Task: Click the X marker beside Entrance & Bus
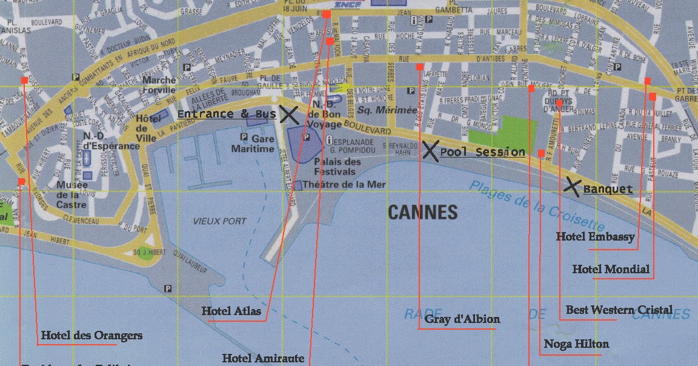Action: [289, 115]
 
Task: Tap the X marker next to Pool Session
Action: [430, 150]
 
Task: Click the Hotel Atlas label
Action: [231, 311]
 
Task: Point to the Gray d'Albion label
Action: [462, 319]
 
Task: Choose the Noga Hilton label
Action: [576, 344]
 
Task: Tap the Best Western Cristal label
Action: [619, 310]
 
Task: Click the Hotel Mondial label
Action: [611, 269]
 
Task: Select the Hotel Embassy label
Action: [595, 237]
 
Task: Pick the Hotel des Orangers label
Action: [91, 335]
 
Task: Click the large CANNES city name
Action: [422, 212]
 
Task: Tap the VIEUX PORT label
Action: [219, 222]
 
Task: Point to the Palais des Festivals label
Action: [337, 167]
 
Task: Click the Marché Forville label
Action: [159, 85]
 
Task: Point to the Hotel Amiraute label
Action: [263, 358]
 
